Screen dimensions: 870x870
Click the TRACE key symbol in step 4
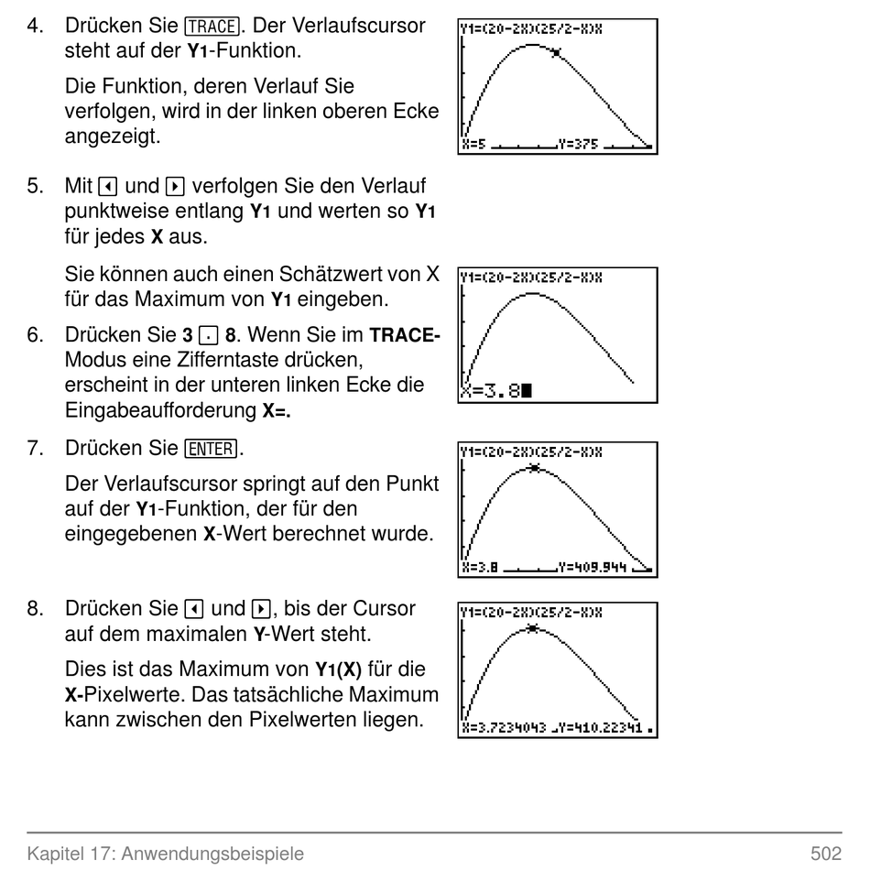point(212,26)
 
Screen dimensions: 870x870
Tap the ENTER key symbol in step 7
point(211,449)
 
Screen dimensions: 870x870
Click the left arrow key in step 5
point(108,187)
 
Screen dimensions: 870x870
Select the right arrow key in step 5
point(175,187)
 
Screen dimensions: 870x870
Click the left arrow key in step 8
point(193,609)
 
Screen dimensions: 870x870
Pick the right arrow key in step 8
point(261,609)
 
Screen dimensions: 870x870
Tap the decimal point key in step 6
point(208,336)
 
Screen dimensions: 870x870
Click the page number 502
point(826,853)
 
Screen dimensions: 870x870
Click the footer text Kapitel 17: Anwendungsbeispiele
point(166,854)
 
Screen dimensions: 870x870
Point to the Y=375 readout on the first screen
point(578,145)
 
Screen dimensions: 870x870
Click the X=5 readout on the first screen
point(473,145)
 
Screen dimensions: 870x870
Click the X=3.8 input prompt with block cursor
point(496,391)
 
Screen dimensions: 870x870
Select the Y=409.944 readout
point(593,568)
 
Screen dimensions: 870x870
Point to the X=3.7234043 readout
point(505,727)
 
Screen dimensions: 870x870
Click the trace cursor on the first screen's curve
point(556,53)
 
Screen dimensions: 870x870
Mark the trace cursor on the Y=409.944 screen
point(534,468)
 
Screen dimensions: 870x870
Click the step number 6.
point(35,335)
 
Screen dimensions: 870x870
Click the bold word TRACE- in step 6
point(405,335)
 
